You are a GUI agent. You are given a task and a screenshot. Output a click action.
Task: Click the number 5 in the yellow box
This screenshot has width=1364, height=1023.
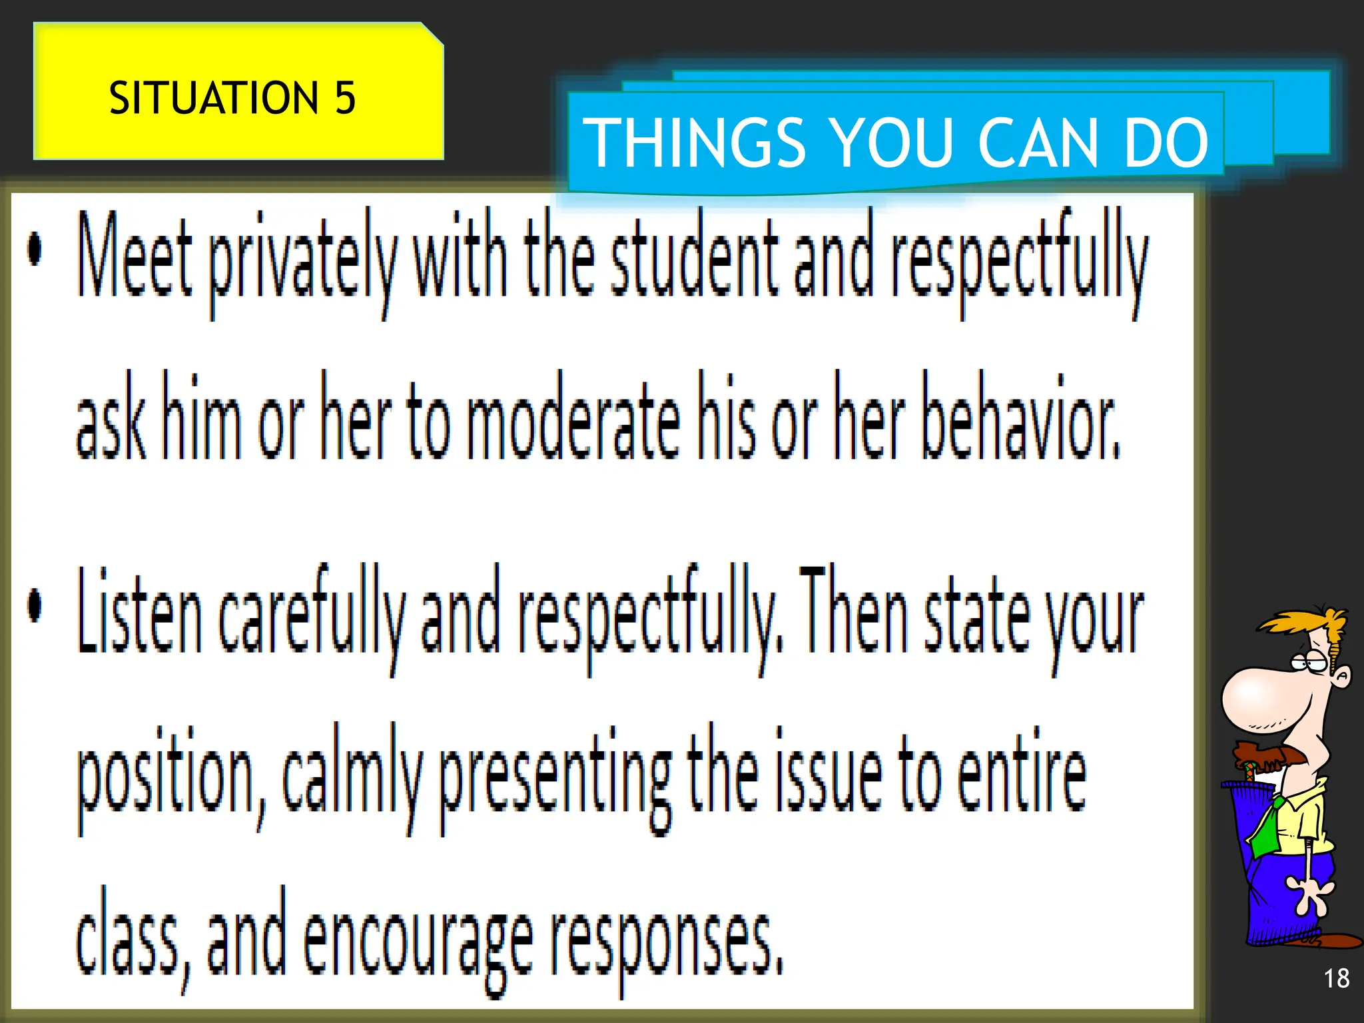tap(344, 98)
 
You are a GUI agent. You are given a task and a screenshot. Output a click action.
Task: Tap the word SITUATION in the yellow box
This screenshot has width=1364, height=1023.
tap(214, 98)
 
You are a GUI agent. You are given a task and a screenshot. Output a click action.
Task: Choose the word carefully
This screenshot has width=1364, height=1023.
tap(312, 616)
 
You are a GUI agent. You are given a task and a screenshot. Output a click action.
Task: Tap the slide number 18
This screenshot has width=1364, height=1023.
tap(1336, 978)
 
